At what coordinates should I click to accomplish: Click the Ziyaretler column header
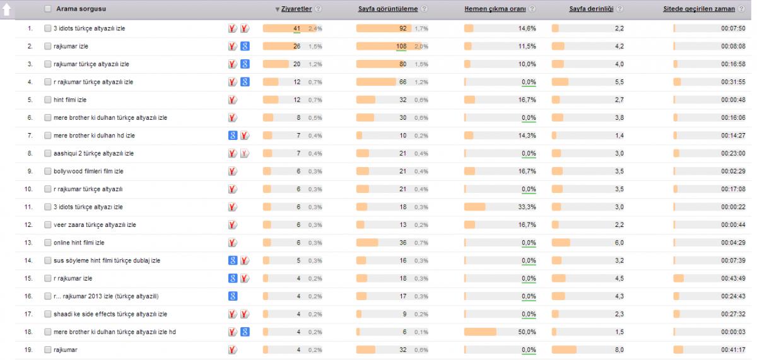[296, 9]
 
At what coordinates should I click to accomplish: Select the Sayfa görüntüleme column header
[388, 9]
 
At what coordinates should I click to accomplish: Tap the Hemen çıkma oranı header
[495, 9]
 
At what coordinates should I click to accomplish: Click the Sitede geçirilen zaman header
[699, 9]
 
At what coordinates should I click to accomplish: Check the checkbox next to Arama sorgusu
[48, 9]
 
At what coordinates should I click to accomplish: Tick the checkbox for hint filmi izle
[48, 100]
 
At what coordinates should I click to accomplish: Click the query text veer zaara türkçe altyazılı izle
[95, 225]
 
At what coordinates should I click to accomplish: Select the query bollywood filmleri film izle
[88, 171]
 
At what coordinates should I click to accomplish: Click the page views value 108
[401, 46]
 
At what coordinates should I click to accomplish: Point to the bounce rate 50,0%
[527, 332]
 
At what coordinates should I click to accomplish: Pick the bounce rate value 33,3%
[527, 207]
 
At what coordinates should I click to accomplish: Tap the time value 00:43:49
[733, 278]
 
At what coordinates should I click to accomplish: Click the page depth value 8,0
[619, 350]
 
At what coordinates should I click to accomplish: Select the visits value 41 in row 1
[296, 28]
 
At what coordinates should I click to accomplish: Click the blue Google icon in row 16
[233, 296]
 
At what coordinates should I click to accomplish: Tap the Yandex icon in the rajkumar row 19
[233, 350]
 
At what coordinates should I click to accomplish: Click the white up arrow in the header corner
[7, 9]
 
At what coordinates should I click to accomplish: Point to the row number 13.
[28, 243]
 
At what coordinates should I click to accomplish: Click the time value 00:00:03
[733, 332]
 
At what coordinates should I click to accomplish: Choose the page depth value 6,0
[619, 243]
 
